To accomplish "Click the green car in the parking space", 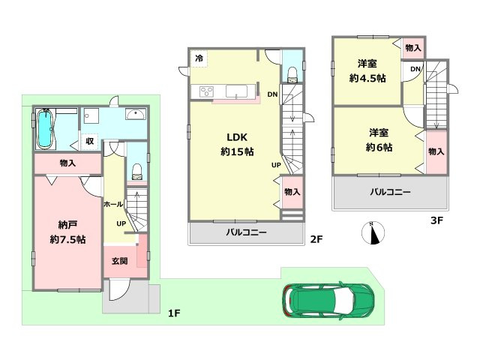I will [328, 301].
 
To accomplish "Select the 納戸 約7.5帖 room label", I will [67, 232].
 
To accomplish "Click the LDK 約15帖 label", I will [236, 143].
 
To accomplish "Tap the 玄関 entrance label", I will [120, 261].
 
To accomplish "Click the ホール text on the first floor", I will [113, 204].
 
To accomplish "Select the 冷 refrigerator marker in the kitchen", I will [199, 58].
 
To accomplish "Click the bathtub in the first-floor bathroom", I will [46, 129].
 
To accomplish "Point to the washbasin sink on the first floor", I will [136, 115].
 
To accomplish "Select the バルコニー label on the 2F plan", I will [247, 233].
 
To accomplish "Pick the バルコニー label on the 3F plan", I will [390, 192].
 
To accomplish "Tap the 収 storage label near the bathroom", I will [89, 140].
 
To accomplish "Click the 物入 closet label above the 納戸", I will [67, 163].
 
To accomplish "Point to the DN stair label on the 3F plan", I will [414, 69].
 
